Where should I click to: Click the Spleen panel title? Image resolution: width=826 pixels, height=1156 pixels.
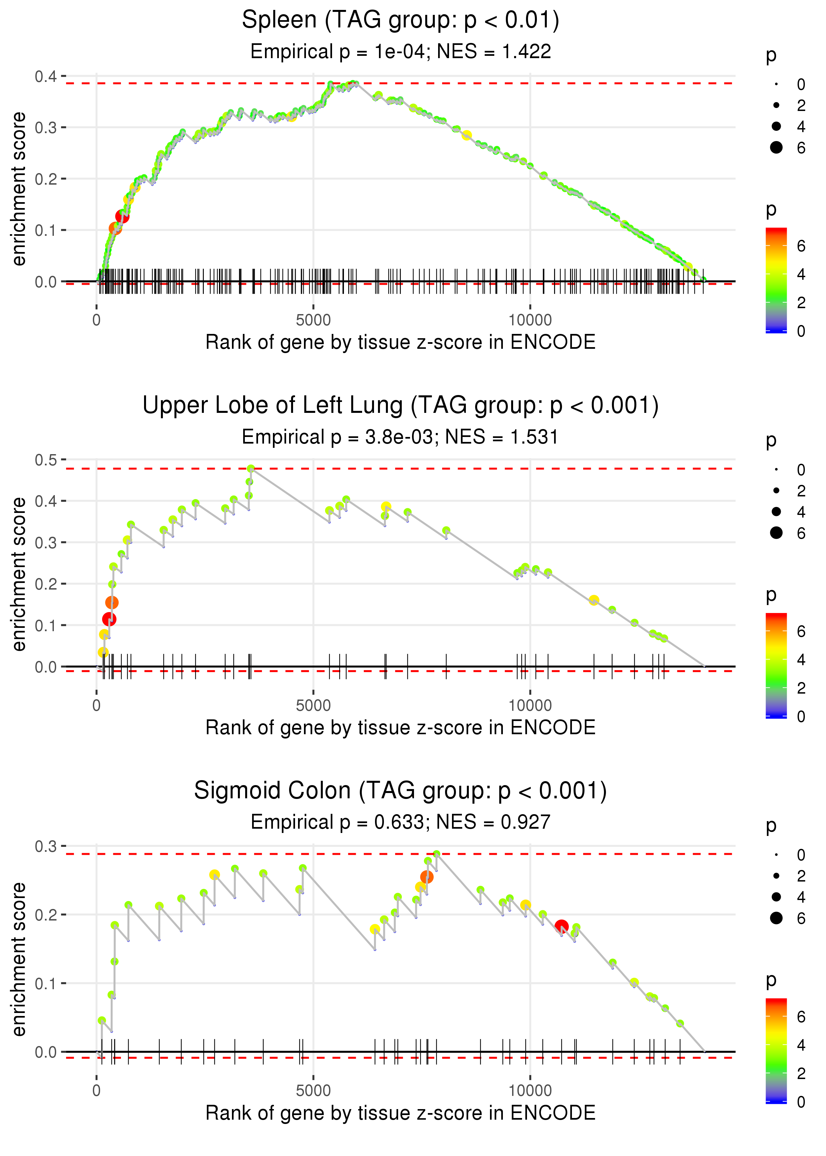coord(400,20)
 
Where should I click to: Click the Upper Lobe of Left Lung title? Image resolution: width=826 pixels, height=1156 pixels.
coord(400,406)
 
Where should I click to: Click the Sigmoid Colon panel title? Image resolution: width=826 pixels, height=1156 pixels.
coord(400,791)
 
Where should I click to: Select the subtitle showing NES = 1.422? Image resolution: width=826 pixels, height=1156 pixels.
coord(400,51)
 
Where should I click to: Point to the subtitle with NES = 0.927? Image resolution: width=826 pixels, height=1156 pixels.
coord(400,822)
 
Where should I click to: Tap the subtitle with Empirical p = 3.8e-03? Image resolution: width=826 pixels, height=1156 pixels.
coord(400,437)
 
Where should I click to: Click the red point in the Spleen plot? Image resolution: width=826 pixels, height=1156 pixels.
coord(122,217)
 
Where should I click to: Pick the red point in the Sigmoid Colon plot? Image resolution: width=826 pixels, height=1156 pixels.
coord(561,926)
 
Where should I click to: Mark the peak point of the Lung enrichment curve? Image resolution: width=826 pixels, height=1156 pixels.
coord(251,468)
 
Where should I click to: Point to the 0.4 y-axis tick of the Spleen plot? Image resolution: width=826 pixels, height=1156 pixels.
coord(46,76)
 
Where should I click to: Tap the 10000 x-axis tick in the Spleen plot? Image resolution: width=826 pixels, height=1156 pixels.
coord(530,320)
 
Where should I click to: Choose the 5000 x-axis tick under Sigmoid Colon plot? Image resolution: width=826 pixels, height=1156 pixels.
coord(313,1091)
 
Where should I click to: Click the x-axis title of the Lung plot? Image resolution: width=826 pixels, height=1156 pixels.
coord(400,728)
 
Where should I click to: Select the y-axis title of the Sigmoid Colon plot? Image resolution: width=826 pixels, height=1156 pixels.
coord(19,959)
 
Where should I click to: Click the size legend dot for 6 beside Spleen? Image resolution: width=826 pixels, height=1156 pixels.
coord(776,147)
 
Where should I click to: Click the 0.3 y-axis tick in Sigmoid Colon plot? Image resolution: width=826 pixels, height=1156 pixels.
coord(46,847)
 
